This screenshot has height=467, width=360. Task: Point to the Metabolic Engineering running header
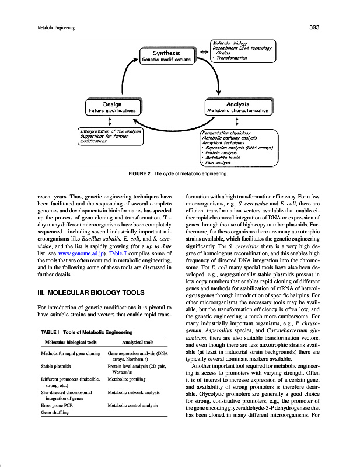37,27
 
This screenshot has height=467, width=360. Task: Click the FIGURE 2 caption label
139,174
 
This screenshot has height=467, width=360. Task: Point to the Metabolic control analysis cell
134,405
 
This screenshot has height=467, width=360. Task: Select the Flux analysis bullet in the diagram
216,162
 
